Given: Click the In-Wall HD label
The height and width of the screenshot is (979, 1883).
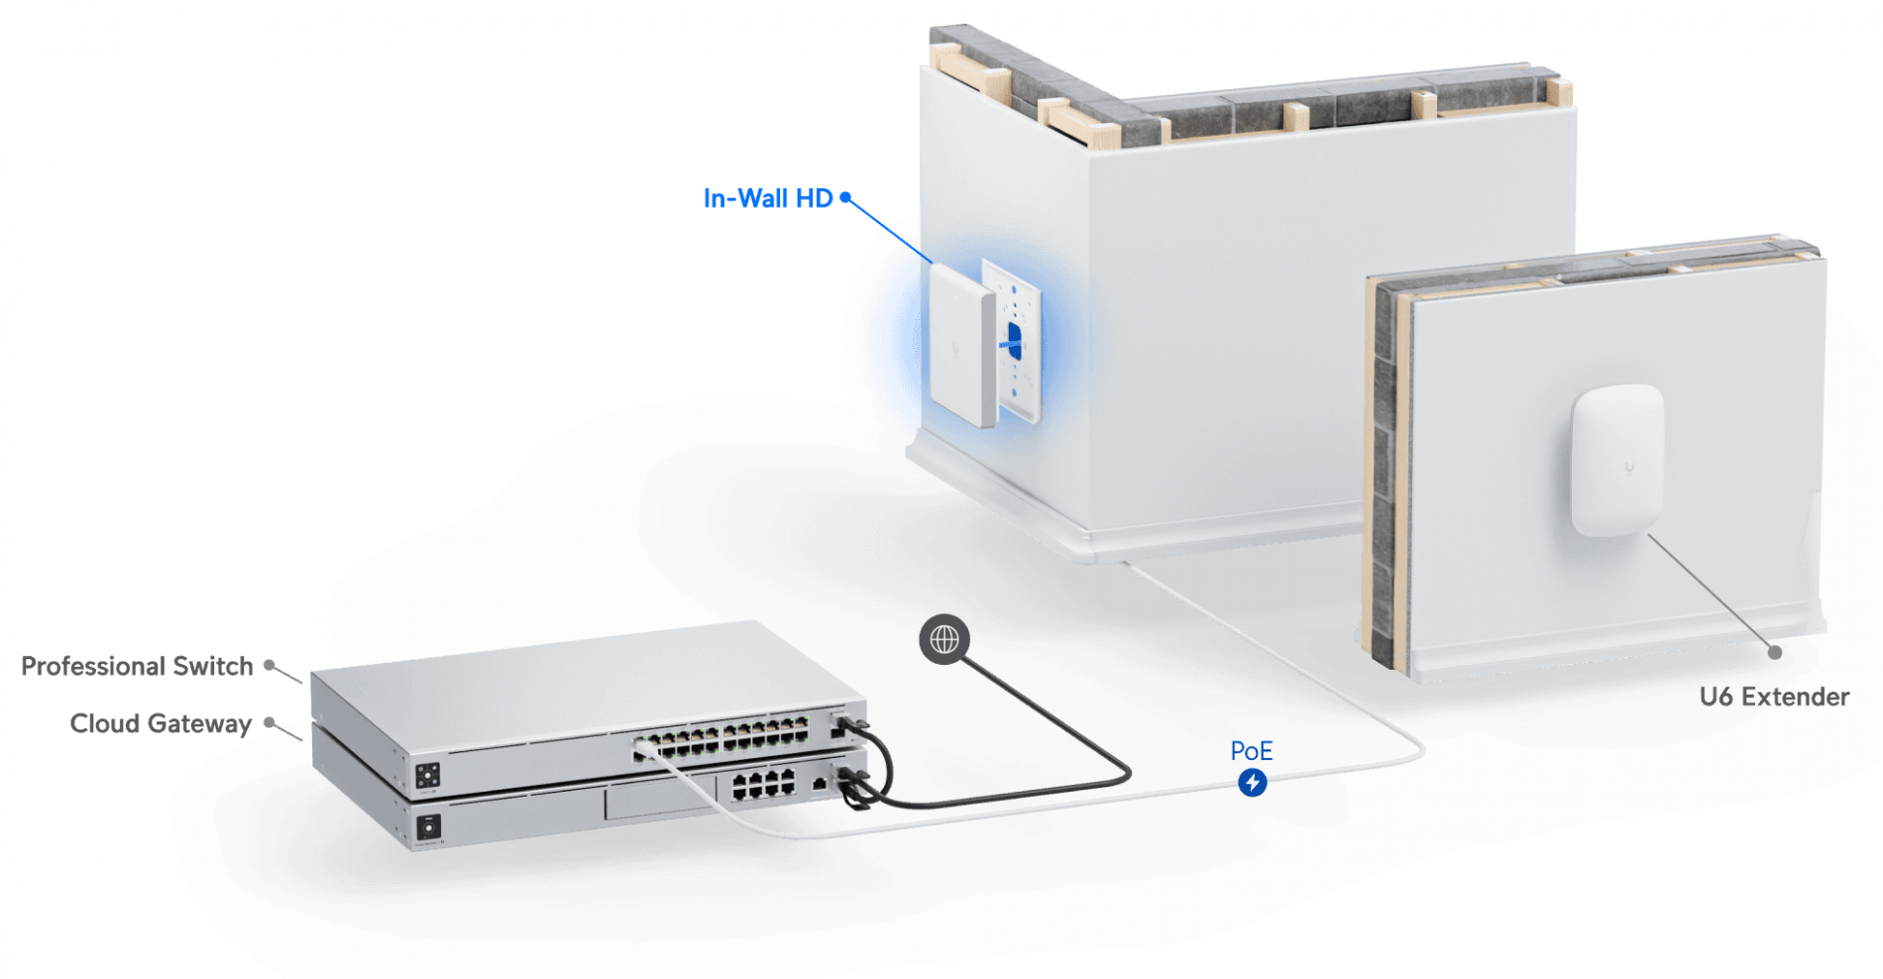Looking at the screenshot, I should pos(767,198).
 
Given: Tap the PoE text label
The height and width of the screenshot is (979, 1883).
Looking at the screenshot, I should pos(1251,751).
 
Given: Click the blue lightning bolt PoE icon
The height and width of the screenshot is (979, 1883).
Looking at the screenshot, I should pos(1253,783).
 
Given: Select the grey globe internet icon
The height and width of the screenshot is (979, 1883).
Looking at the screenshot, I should pos(943,639).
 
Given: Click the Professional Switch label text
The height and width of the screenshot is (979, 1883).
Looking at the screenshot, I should pos(137,666).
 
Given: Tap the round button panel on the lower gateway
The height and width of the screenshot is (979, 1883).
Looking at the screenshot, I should pos(429,824).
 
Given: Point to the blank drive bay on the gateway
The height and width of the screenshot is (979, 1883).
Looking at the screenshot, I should pos(659,799).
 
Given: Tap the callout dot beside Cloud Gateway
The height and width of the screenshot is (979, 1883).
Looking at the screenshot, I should pos(270,722).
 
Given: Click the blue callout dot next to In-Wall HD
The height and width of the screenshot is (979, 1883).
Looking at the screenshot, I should pos(845,197).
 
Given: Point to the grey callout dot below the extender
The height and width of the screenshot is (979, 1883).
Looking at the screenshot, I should pos(1774,652).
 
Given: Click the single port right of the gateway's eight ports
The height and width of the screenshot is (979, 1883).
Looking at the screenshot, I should pos(819,784).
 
